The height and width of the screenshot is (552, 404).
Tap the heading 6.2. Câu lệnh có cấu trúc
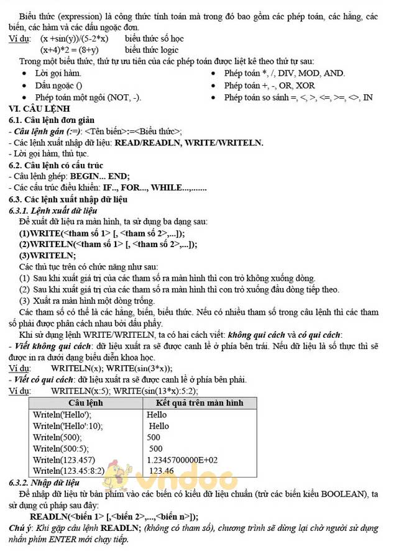click(56, 165)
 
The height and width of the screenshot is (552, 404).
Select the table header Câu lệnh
click(85, 403)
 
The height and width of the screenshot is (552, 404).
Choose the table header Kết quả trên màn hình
click(195, 403)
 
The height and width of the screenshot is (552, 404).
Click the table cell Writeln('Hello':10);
click(68, 426)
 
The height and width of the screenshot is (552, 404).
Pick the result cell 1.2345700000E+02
click(182, 460)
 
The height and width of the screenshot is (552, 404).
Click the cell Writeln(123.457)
click(64, 460)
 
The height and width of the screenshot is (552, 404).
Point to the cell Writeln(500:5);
click(61, 448)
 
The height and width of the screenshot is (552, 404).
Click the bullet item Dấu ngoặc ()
click(58, 86)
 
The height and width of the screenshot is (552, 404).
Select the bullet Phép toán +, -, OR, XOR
click(269, 86)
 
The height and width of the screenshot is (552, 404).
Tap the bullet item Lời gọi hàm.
click(58, 73)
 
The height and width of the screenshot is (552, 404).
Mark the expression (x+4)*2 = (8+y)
click(70, 50)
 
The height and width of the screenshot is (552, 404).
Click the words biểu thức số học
click(154, 38)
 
